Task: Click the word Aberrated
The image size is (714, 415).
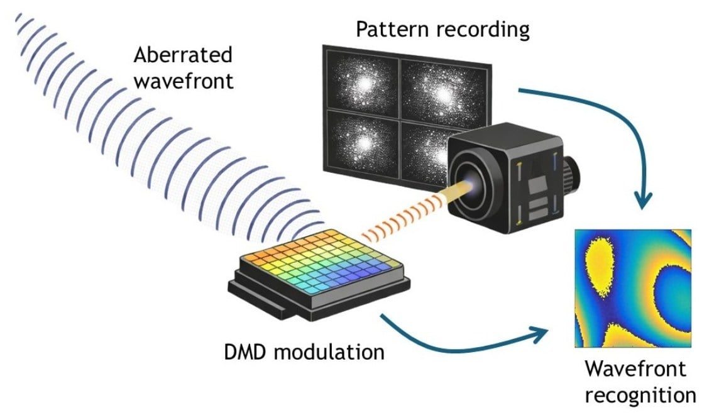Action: (x=182, y=55)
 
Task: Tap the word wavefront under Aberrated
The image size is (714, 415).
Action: (x=183, y=81)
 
